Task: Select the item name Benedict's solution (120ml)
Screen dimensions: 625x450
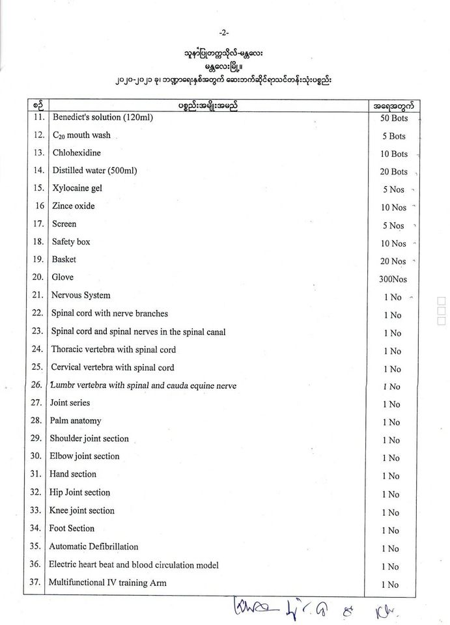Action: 98,118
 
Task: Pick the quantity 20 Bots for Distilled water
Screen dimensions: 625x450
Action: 393,172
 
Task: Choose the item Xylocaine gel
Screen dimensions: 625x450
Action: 77,188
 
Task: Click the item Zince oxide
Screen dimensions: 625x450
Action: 74,206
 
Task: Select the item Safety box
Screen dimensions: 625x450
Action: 71,242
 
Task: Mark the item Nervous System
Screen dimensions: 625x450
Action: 81,295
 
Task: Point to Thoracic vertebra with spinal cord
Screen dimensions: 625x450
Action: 113,349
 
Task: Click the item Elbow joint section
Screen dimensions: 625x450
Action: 85,456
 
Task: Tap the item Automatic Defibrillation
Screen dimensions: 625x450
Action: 94,546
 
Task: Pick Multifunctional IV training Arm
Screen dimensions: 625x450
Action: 107,582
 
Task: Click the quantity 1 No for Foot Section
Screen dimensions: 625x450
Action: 391,531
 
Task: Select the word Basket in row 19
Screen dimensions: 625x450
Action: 64,259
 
